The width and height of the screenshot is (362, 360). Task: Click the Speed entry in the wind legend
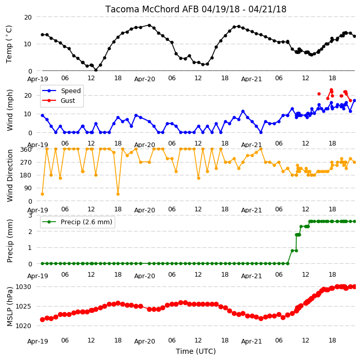pyautogui.click(x=70, y=91)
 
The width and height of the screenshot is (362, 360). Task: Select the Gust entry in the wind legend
pyautogui.click(x=68, y=101)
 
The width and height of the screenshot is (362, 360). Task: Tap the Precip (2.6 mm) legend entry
pyautogui.click(x=86, y=222)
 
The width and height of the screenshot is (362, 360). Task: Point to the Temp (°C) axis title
pyautogui.click(x=9, y=44)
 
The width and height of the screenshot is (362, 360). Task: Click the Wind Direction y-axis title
pyautogui.click(x=10, y=176)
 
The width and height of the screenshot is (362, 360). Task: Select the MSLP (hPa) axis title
pyautogui.click(x=10, y=307)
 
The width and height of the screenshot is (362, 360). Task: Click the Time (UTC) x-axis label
pyautogui.click(x=196, y=351)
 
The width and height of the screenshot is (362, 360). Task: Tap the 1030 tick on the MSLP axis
pyautogui.click(x=23, y=287)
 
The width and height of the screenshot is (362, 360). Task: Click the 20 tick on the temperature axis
pyautogui.click(x=28, y=17)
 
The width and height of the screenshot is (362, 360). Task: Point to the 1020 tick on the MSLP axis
pyautogui.click(x=23, y=326)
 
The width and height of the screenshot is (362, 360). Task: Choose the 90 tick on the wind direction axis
pyautogui.click(x=28, y=188)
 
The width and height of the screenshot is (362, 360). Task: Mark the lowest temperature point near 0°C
pyautogui.click(x=96, y=70)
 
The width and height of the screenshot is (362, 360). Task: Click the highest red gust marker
pyautogui.click(x=331, y=90)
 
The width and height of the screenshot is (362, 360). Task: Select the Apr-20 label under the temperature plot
pyautogui.click(x=144, y=79)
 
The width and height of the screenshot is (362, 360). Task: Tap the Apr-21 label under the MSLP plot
pyautogui.click(x=251, y=341)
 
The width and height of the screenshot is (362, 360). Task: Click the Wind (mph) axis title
pyautogui.click(x=10, y=111)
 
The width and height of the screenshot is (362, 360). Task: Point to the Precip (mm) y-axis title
pyautogui.click(x=10, y=241)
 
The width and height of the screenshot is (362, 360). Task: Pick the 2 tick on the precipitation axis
pyautogui.click(x=30, y=231)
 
